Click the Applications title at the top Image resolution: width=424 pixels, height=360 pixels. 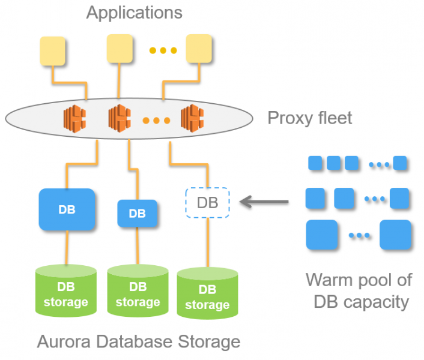pos(134,12)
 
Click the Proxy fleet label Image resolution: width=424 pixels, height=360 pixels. pos(309,118)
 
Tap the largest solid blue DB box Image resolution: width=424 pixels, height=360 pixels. pos(67,209)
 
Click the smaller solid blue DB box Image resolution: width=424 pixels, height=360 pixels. pos(137,213)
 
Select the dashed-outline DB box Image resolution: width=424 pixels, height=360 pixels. pos(207,202)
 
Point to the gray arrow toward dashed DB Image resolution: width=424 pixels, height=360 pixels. pos(264,202)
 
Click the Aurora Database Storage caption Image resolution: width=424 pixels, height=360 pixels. pos(139,342)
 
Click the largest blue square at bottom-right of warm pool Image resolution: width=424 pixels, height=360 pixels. pos(395,235)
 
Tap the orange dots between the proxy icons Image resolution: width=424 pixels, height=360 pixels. pos(156,120)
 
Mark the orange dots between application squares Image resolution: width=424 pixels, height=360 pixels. pos(160,50)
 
